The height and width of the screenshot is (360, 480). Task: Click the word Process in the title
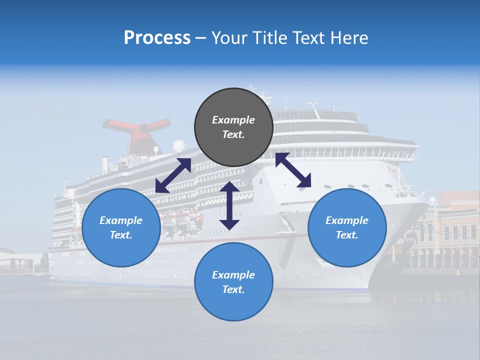157,38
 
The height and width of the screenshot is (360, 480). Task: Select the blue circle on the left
121,227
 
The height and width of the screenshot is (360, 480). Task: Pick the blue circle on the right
347,227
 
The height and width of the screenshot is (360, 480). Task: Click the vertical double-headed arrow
229,205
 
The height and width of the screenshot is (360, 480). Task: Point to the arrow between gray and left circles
173,175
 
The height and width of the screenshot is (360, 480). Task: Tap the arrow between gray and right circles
293,170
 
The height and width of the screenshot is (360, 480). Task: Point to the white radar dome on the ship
178,146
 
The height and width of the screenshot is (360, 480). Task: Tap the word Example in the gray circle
233,120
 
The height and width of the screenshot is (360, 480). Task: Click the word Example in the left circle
121,220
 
